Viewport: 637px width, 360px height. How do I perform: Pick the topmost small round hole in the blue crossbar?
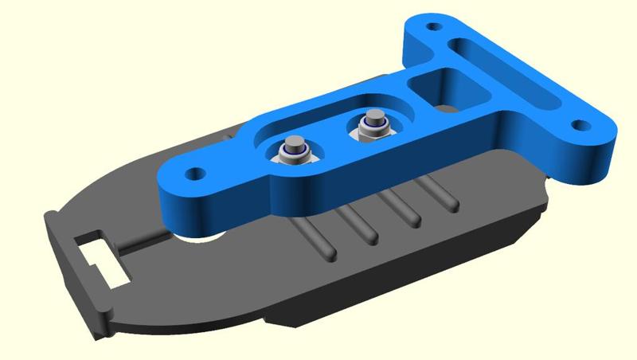[x=433, y=26]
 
